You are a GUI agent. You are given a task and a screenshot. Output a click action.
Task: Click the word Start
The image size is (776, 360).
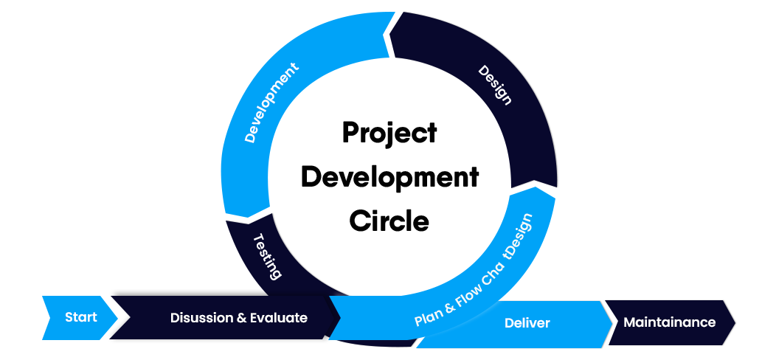click(x=81, y=318)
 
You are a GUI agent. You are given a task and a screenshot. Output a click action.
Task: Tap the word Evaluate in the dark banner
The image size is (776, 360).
click(x=278, y=318)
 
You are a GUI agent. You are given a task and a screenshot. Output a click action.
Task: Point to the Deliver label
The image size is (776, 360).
click(x=527, y=323)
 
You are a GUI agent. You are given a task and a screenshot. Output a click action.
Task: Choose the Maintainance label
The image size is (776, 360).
click(x=669, y=322)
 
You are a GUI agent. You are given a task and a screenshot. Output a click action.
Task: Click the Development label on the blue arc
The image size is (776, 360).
click(x=271, y=103)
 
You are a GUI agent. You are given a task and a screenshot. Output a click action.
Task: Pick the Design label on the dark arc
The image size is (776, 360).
click(x=495, y=85)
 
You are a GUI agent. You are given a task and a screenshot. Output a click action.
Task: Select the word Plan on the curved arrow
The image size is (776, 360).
click(x=428, y=315)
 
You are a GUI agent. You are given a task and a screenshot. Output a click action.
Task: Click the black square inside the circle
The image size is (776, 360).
click(x=389, y=176)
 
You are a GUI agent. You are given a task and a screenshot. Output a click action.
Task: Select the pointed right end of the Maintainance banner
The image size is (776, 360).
click(x=735, y=322)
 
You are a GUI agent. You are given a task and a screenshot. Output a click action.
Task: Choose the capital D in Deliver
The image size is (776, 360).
click(x=509, y=323)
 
